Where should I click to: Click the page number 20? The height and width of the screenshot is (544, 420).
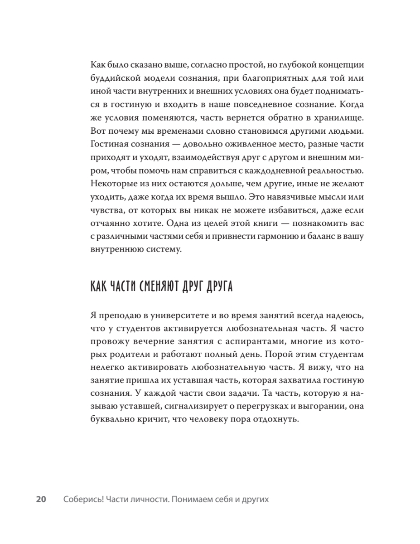click(x=41, y=499)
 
